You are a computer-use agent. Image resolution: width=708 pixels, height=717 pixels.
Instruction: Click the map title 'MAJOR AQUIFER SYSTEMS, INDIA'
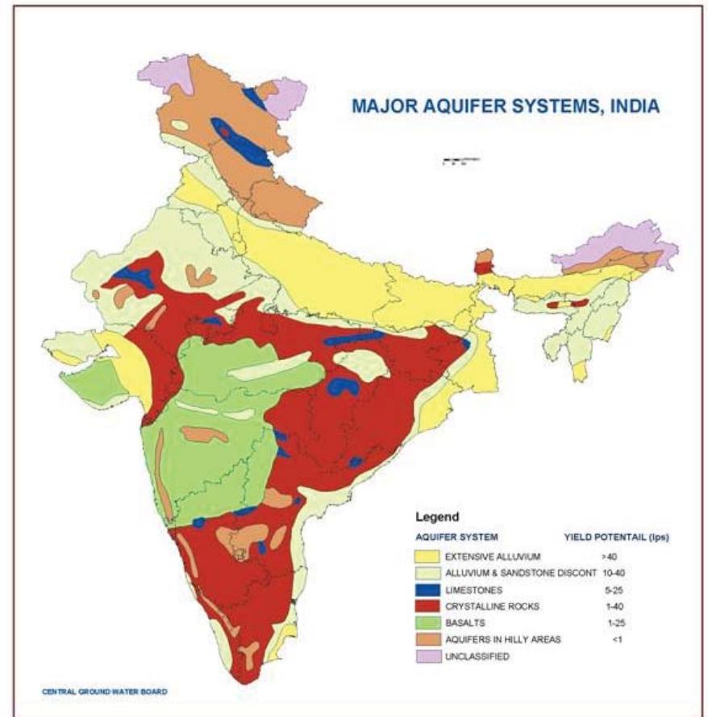[505, 106]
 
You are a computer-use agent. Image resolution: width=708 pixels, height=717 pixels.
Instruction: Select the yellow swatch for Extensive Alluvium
[427, 557]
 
